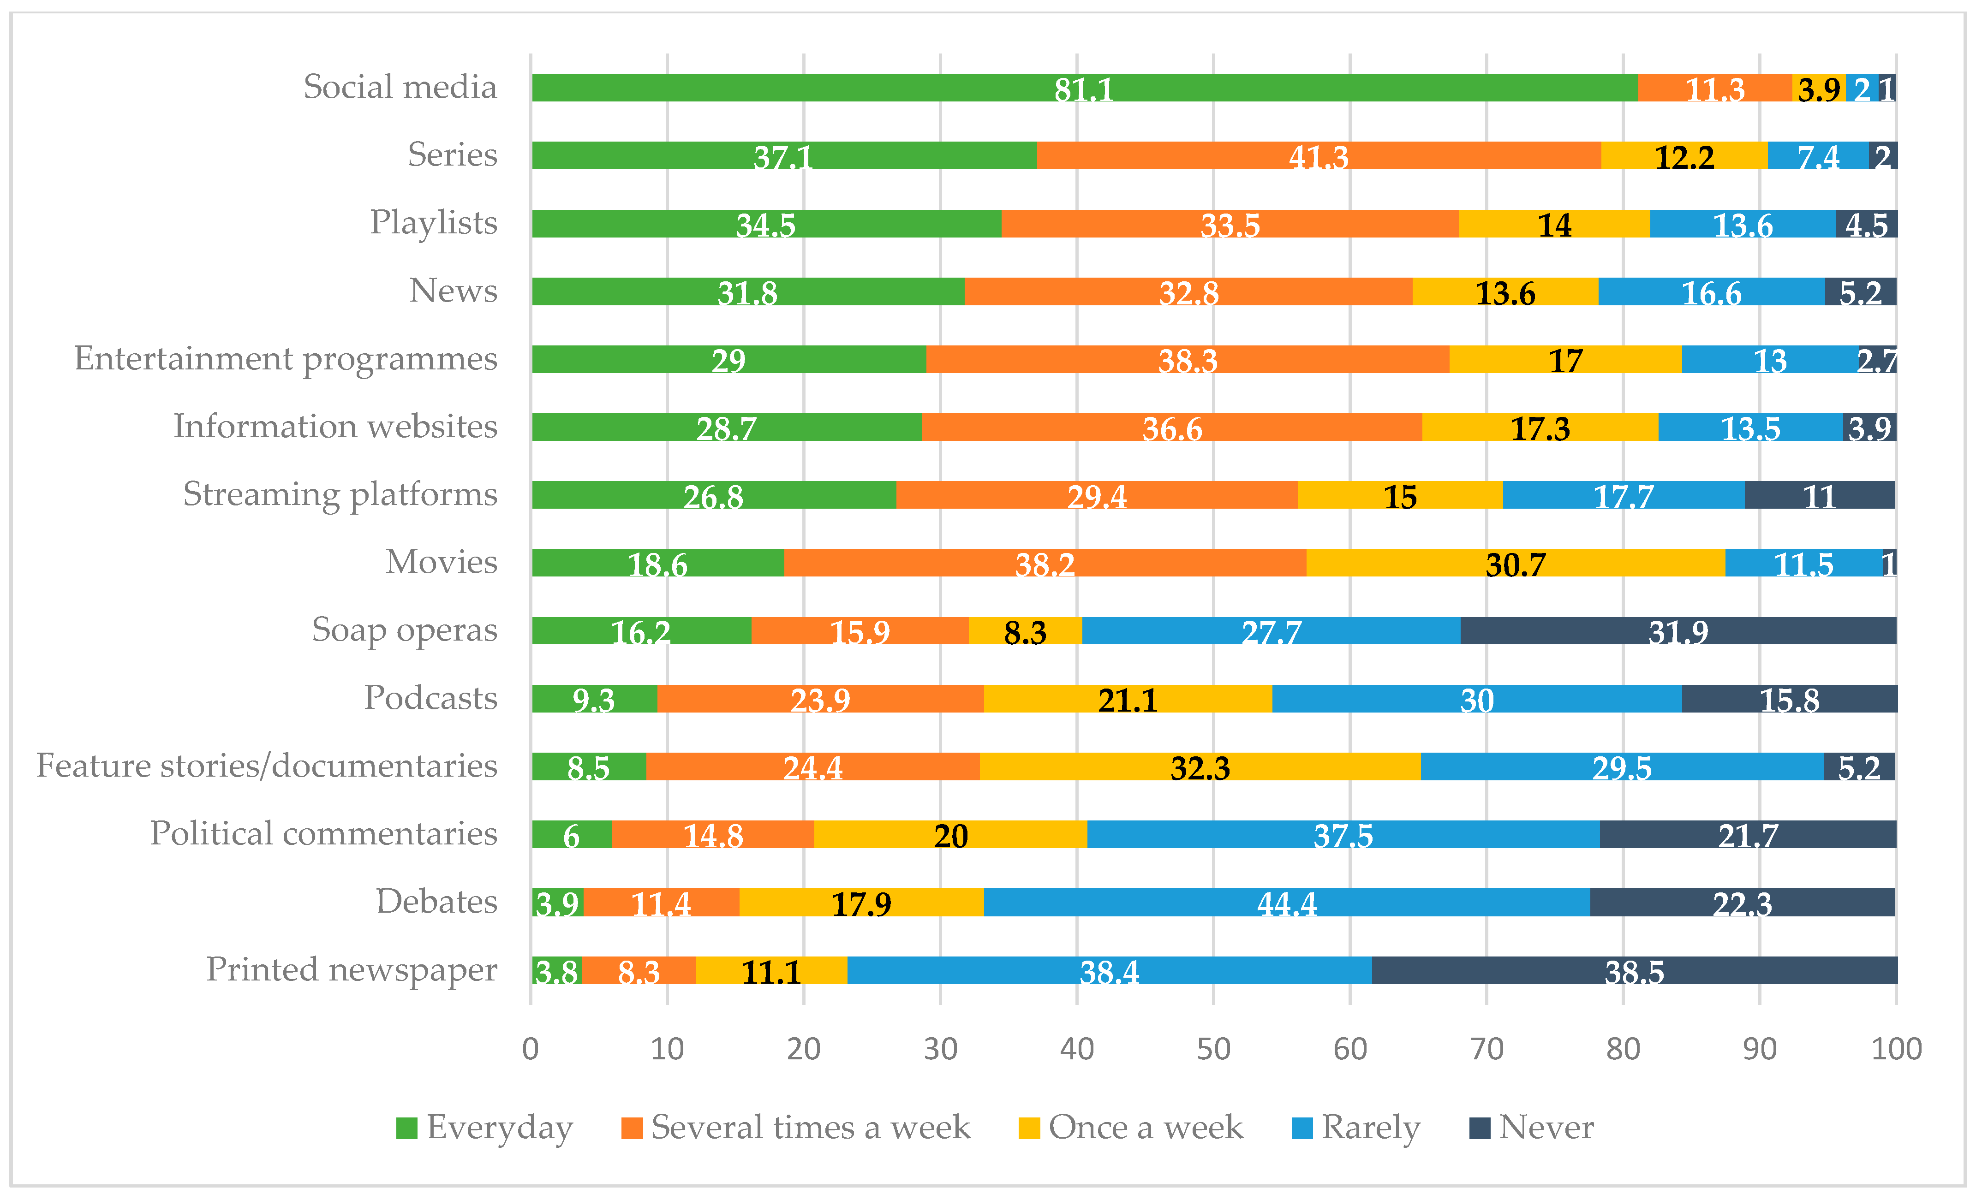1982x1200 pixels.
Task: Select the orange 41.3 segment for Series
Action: point(1319,156)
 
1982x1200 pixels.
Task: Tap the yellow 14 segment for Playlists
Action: point(1554,224)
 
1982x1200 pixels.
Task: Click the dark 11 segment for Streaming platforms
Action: point(1820,495)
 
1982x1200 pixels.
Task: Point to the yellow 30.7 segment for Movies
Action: point(1516,563)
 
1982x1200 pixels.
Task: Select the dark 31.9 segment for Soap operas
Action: point(1678,631)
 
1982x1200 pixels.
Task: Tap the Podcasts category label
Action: point(430,698)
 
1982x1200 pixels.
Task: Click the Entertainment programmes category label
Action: point(286,359)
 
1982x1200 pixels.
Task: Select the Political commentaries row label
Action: point(323,834)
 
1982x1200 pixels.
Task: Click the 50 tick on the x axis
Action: point(1213,1049)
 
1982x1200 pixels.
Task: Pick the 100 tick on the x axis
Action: point(1896,1049)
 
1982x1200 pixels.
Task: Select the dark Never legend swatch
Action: point(1479,1129)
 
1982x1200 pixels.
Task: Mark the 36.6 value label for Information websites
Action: point(1172,429)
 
